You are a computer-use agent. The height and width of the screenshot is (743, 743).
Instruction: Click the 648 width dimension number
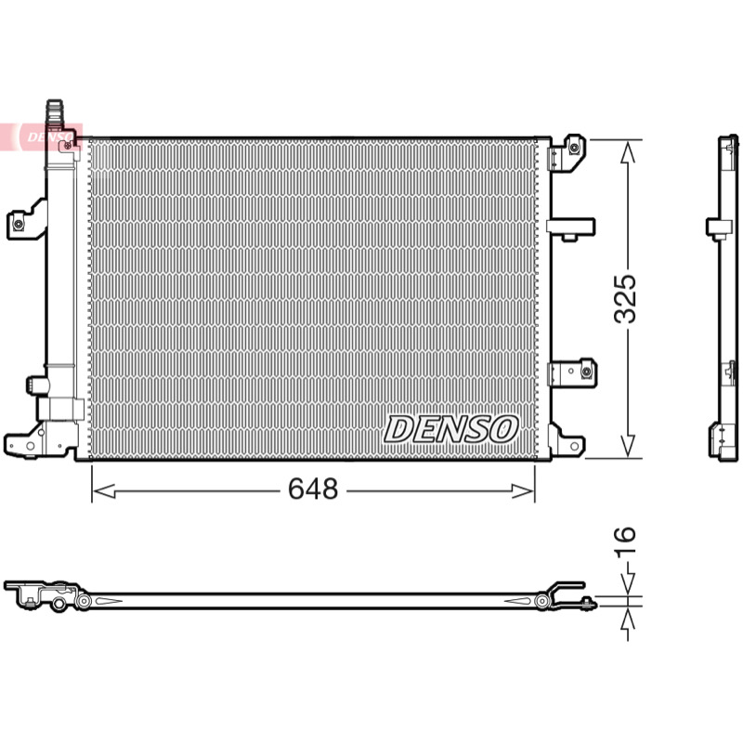click(x=313, y=489)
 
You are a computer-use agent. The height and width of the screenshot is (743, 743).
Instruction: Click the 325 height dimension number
click(x=625, y=299)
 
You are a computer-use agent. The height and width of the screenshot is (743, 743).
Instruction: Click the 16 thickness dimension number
click(x=625, y=541)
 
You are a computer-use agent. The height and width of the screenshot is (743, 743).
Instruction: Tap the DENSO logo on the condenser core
click(x=450, y=429)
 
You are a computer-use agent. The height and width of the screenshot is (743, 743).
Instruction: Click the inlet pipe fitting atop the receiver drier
click(x=55, y=112)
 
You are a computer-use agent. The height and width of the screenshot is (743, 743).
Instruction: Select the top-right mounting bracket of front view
click(x=567, y=151)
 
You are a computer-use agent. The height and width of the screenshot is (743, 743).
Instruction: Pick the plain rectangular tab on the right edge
click(x=570, y=228)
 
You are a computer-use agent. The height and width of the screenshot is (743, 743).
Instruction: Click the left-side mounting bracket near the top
click(x=27, y=220)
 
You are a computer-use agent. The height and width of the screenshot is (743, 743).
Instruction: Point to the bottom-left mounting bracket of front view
click(x=40, y=440)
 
